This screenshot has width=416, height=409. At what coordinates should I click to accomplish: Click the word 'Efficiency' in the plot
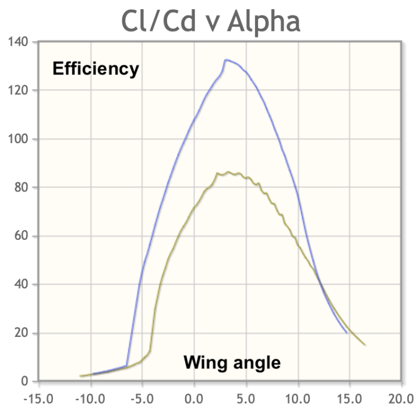(95, 69)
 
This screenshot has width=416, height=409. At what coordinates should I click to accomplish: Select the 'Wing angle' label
(232, 362)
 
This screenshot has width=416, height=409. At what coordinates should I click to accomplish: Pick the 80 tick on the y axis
(21, 188)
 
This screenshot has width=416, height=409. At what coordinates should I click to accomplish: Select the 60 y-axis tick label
(21, 236)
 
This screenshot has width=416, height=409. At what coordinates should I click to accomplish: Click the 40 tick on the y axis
(21, 285)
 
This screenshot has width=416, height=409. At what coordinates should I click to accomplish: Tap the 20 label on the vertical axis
(21, 333)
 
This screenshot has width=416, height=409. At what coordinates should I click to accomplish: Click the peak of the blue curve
(226, 60)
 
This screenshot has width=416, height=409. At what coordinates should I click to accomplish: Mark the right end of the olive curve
(365, 345)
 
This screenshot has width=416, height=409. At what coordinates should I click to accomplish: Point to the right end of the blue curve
(347, 333)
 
